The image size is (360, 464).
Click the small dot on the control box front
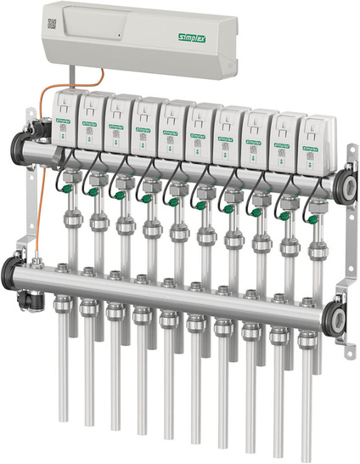pos(121,37)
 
